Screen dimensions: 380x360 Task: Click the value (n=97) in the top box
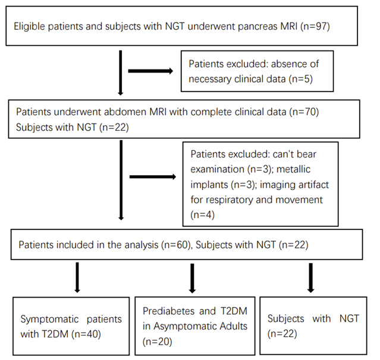coord(315,26)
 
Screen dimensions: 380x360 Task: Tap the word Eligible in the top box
coord(29,26)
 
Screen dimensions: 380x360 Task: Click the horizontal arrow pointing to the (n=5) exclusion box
coord(150,71)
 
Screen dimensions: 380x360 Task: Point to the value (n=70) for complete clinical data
coord(304,112)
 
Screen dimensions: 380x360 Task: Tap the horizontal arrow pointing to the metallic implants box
coord(153,176)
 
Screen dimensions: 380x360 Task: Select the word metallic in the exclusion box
coord(293,169)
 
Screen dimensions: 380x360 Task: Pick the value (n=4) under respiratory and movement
coord(203,215)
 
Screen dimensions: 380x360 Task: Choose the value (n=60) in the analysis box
coord(176,245)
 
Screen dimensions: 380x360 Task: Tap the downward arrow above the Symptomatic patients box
coord(77,277)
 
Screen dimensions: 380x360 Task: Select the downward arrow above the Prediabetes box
coord(192,279)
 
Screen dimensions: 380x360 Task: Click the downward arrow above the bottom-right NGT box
coord(310,277)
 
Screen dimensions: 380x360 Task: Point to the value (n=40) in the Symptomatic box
coord(86,334)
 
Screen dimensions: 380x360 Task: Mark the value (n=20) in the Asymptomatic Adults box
coord(157,342)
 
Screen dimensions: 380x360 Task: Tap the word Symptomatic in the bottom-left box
coord(49,320)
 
